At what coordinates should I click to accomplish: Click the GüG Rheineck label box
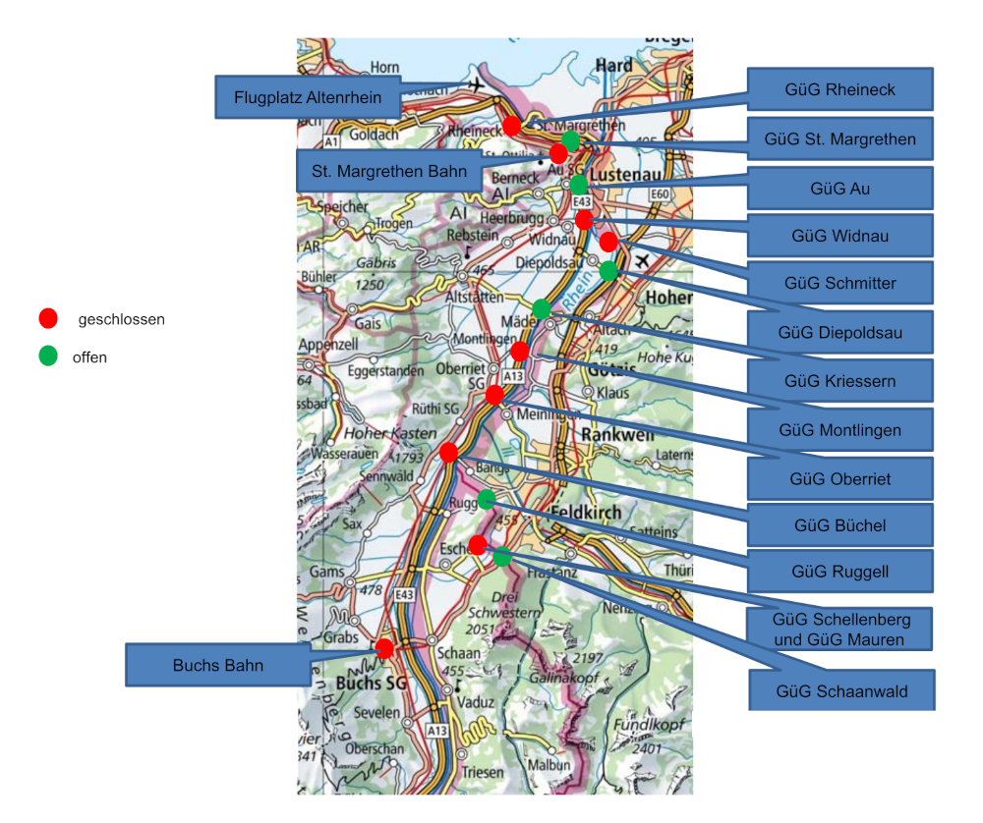click(x=839, y=89)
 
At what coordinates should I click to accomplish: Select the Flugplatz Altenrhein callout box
click(x=308, y=97)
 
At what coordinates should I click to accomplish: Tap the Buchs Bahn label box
click(x=218, y=665)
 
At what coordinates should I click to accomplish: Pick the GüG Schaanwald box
click(x=841, y=690)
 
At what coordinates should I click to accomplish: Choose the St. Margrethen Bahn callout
click(x=389, y=170)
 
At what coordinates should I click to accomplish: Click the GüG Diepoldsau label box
click(x=839, y=332)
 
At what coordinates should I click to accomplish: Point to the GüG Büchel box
click(x=839, y=524)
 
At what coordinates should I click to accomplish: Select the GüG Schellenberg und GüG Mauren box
click(x=840, y=630)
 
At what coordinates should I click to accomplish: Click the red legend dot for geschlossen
click(x=48, y=318)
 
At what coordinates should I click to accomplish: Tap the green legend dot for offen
click(x=48, y=357)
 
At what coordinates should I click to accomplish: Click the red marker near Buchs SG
click(x=384, y=648)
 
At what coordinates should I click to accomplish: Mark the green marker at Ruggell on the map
click(x=486, y=499)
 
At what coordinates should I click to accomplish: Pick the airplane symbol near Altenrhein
click(x=478, y=85)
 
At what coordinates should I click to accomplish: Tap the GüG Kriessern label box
click(x=839, y=380)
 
